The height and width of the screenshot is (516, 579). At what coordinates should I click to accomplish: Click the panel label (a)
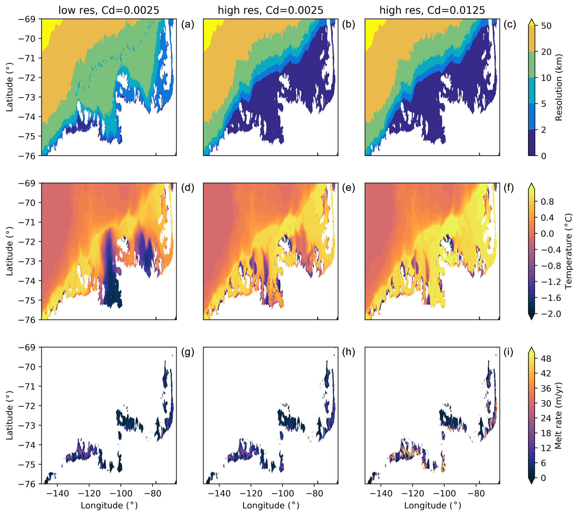[x=188, y=24]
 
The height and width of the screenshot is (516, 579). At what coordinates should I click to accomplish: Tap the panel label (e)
[x=349, y=188]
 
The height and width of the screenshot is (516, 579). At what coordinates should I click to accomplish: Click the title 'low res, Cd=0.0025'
[x=109, y=10]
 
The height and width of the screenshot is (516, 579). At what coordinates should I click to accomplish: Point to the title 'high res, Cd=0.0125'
[x=432, y=10]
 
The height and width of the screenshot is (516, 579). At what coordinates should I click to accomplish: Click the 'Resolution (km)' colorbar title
[x=559, y=87]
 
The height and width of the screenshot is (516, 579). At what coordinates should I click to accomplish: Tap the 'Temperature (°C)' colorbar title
[x=568, y=251]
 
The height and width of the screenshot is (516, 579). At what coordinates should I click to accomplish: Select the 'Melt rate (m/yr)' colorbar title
[x=558, y=415]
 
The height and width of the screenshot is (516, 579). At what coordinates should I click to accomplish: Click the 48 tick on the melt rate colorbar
[x=546, y=358]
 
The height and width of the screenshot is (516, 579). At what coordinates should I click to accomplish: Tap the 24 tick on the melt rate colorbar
[x=546, y=418]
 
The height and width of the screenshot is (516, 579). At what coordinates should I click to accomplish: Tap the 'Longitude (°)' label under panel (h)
[x=271, y=506]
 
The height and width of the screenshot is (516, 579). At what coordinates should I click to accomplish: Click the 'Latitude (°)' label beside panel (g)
[x=10, y=415]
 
